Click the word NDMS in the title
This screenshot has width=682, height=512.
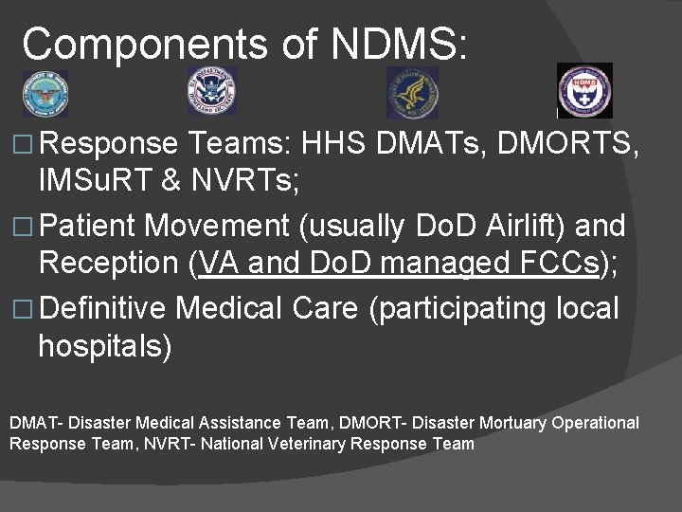pyautogui.click(x=398, y=44)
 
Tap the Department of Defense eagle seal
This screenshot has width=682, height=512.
pyautogui.click(x=45, y=93)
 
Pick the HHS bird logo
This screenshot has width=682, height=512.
pyautogui.click(x=412, y=93)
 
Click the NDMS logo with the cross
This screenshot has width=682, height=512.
pyautogui.click(x=584, y=91)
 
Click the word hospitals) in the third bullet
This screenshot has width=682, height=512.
pyautogui.click(x=105, y=347)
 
